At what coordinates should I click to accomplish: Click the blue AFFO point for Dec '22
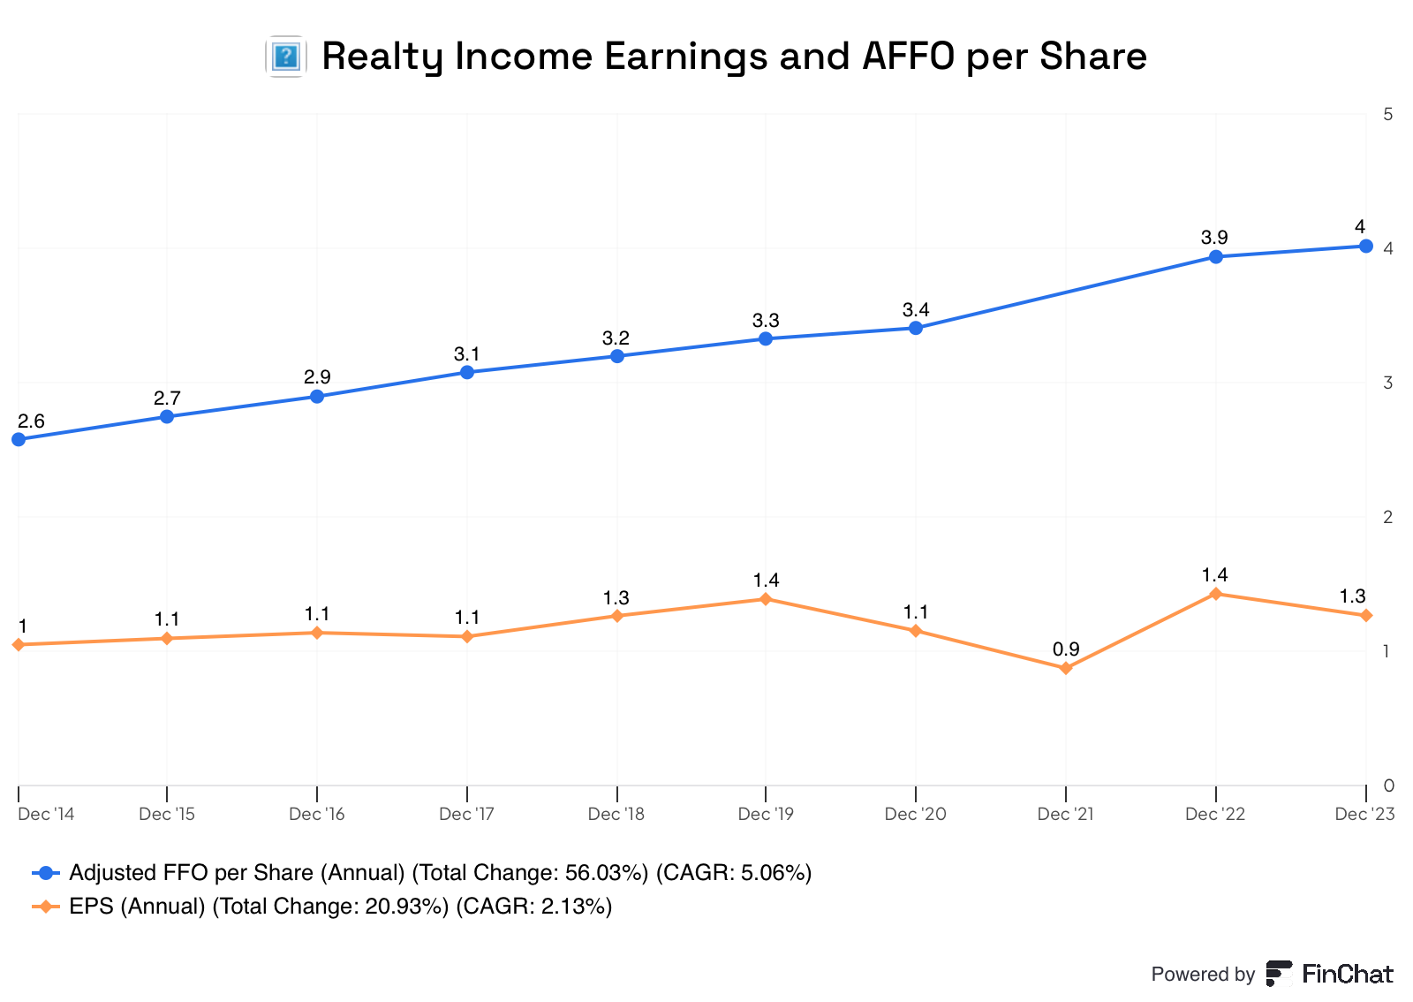click(x=1215, y=257)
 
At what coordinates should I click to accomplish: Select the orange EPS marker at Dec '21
click(x=1066, y=668)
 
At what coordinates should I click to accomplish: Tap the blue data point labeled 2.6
click(x=19, y=439)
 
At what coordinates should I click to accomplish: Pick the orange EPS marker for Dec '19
click(x=766, y=599)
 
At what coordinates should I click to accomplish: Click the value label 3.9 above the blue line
click(x=1214, y=238)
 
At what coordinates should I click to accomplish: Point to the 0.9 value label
click(x=1066, y=650)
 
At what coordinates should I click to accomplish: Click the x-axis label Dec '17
click(x=466, y=814)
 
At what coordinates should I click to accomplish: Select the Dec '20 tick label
click(x=915, y=814)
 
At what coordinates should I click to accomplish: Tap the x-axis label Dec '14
click(x=46, y=814)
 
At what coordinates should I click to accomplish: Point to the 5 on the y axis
click(x=1388, y=115)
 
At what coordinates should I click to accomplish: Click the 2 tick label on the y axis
click(x=1388, y=517)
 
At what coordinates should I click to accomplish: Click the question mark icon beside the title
click(x=285, y=57)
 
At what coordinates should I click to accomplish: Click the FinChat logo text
click(x=1347, y=974)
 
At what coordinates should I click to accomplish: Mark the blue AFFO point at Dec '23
click(x=1365, y=247)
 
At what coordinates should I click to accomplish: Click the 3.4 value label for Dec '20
click(x=916, y=310)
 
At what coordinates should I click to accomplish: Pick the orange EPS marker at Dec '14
click(x=19, y=645)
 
